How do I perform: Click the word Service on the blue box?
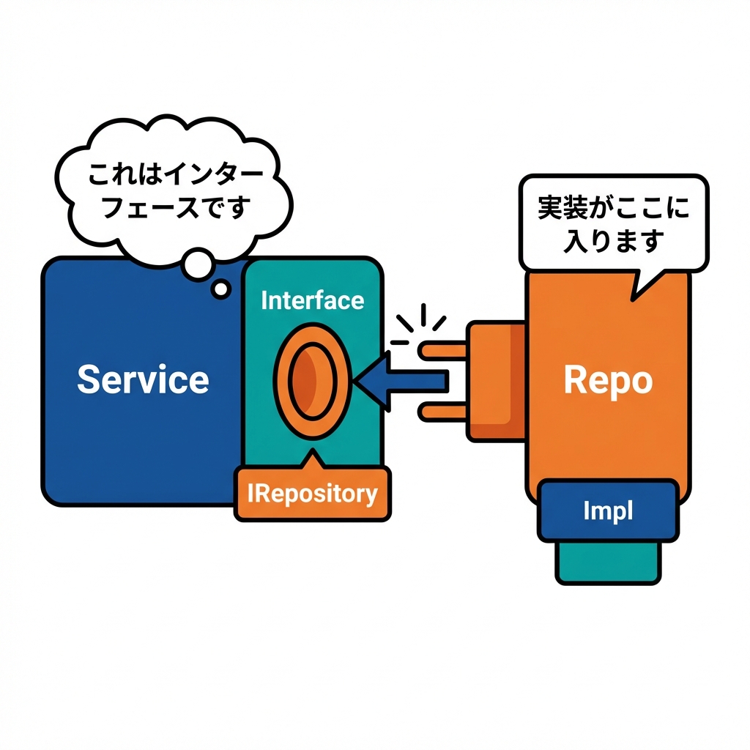click(x=143, y=379)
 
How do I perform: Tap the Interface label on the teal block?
click(x=312, y=300)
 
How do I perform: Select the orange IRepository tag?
click(x=312, y=494)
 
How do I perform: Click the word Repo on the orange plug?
click(x=608, y=381)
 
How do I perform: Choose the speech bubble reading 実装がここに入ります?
click(x=614, y=223)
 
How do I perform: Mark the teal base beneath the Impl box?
click(x=608, y=562)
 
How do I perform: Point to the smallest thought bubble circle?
click(x=220, y=289)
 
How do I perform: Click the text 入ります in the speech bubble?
click(x=614, y=240)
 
